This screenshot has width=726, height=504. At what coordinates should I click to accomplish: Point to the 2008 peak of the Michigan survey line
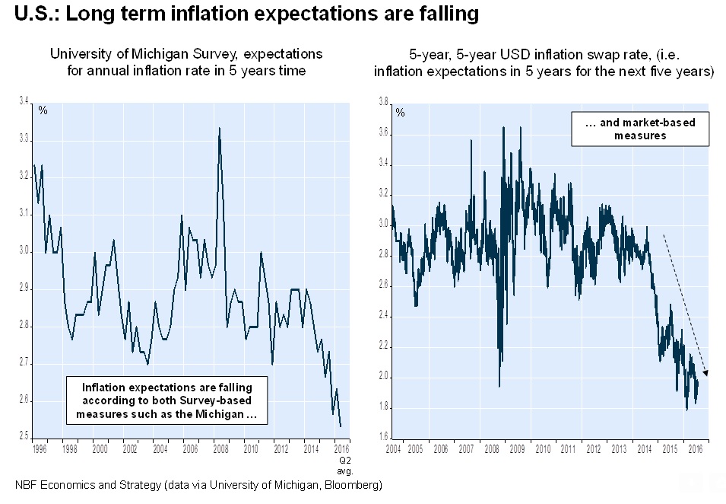point(220,129)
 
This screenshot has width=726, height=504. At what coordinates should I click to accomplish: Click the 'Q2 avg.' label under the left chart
point(343,465)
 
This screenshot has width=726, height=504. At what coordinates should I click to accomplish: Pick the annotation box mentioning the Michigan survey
point(168,401)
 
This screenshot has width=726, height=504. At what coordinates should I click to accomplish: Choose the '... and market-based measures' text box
point(639,129)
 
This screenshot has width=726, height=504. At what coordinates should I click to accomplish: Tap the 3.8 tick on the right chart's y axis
point(383,101)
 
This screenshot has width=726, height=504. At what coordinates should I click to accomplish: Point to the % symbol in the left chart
point(43,111)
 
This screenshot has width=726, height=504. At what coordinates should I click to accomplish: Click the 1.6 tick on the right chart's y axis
point(383,437)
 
